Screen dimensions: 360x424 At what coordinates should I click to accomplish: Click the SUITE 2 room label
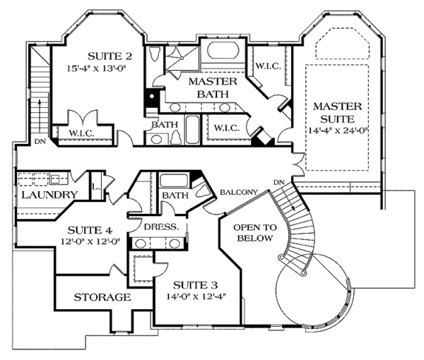pos(110,56)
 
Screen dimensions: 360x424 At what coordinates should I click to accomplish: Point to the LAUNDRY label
pos(48,195)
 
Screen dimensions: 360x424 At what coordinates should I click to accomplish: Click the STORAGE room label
pos(102,297)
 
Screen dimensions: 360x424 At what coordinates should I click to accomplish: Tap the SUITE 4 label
pos(89,229)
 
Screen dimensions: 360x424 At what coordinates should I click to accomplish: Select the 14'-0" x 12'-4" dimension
pos(194,299)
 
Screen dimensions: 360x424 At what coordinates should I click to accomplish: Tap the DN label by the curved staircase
pos(279,183)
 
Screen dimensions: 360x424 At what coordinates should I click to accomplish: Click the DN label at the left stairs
pos(40,141)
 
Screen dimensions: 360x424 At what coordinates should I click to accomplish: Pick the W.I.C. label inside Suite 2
pos(83,133)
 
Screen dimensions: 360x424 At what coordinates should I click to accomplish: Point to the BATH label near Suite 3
pos(173,195)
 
